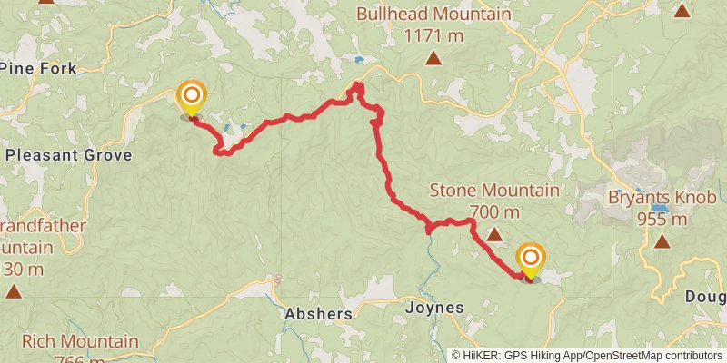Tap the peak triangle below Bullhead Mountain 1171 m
(x=434, y=60)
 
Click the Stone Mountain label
(x=493, y=191)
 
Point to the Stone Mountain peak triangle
(x=493, y=235)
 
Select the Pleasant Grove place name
(x=68, y=155)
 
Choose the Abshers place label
(x=317, y=313)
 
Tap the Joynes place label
(x=433, y=308)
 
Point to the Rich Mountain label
(x=80, y=342)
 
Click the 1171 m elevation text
(x=433, y=36)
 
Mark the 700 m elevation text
(x=494, y=212)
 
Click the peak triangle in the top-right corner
(x=682, y=11)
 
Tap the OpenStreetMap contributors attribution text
(x=652, y=356)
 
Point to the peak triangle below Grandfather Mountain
(x=14, y=291)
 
